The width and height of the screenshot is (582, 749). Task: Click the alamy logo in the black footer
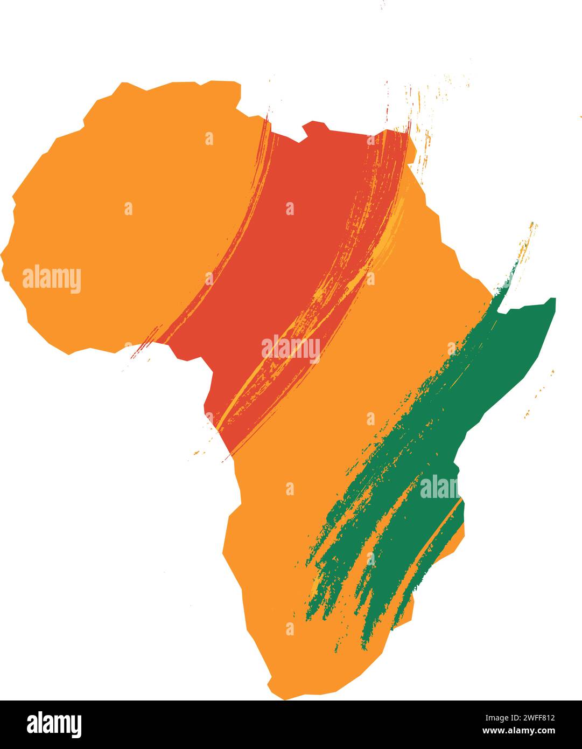[x=54, y=724]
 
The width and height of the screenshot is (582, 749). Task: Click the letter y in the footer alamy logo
[x=77, y=726]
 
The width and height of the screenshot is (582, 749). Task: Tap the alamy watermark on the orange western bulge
[x=52, y=279]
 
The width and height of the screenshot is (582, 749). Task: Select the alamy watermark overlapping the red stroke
[x=291, y=349]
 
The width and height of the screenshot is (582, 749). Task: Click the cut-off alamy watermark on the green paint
[x=439, y=487]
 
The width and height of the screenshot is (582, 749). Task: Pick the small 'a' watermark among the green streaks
[x=370, y=558]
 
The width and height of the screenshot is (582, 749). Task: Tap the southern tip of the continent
[x=285, y=695]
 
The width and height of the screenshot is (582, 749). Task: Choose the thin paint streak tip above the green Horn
[x=532, y=225]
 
